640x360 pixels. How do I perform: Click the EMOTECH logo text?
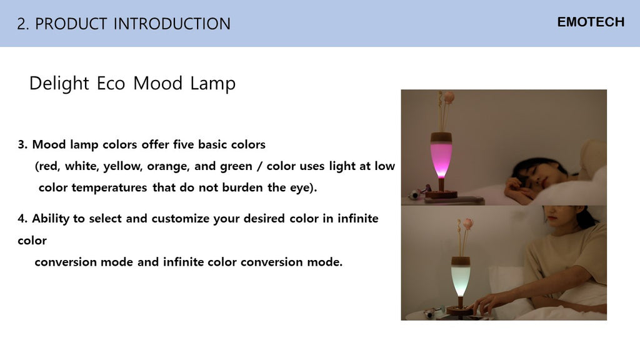click(591, 22)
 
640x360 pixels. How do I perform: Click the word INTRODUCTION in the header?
click(172, 24)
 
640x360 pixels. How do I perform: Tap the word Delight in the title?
click(59, 84)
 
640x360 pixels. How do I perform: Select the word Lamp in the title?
click(212, 84)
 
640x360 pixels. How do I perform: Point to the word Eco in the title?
click(111, 84)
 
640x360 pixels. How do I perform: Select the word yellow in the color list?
click(123, 166)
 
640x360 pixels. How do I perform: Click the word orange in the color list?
click(168, 167)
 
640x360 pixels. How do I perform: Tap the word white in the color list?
click(82, 166)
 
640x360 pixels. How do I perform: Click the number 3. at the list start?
click(23, 144)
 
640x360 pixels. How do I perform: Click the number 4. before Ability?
click(23, 219)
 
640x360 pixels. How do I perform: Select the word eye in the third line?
click(299, 188)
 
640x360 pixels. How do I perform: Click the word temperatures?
click(109, 187)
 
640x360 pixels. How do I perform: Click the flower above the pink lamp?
click(449, 96)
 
